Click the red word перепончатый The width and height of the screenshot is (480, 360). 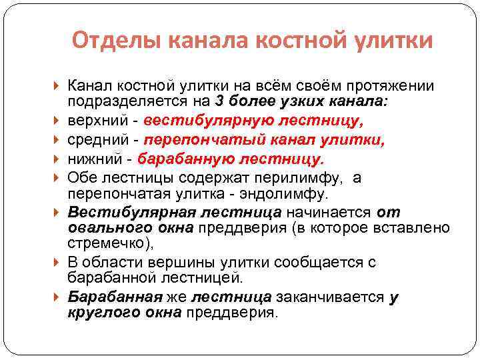pos(207,141)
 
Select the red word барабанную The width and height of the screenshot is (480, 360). pos(193,159)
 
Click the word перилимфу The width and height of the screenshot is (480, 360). pos(299,179)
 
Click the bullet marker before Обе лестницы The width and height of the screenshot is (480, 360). pos(59,179)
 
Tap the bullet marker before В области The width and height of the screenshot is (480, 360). pos(59,263)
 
